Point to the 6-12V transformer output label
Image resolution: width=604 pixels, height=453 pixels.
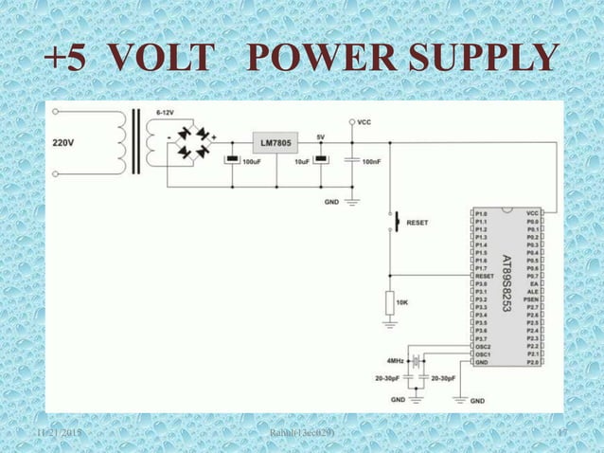164,113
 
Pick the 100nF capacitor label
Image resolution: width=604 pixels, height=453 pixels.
372,162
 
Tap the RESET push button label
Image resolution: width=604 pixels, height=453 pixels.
417,223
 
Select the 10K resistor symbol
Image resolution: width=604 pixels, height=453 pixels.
389,302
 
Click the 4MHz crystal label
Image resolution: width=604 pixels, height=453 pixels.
396,360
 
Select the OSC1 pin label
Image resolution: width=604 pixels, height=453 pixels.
483,354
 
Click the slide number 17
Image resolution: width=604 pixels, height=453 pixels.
561,433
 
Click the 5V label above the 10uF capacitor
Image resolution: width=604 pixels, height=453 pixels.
321,136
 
